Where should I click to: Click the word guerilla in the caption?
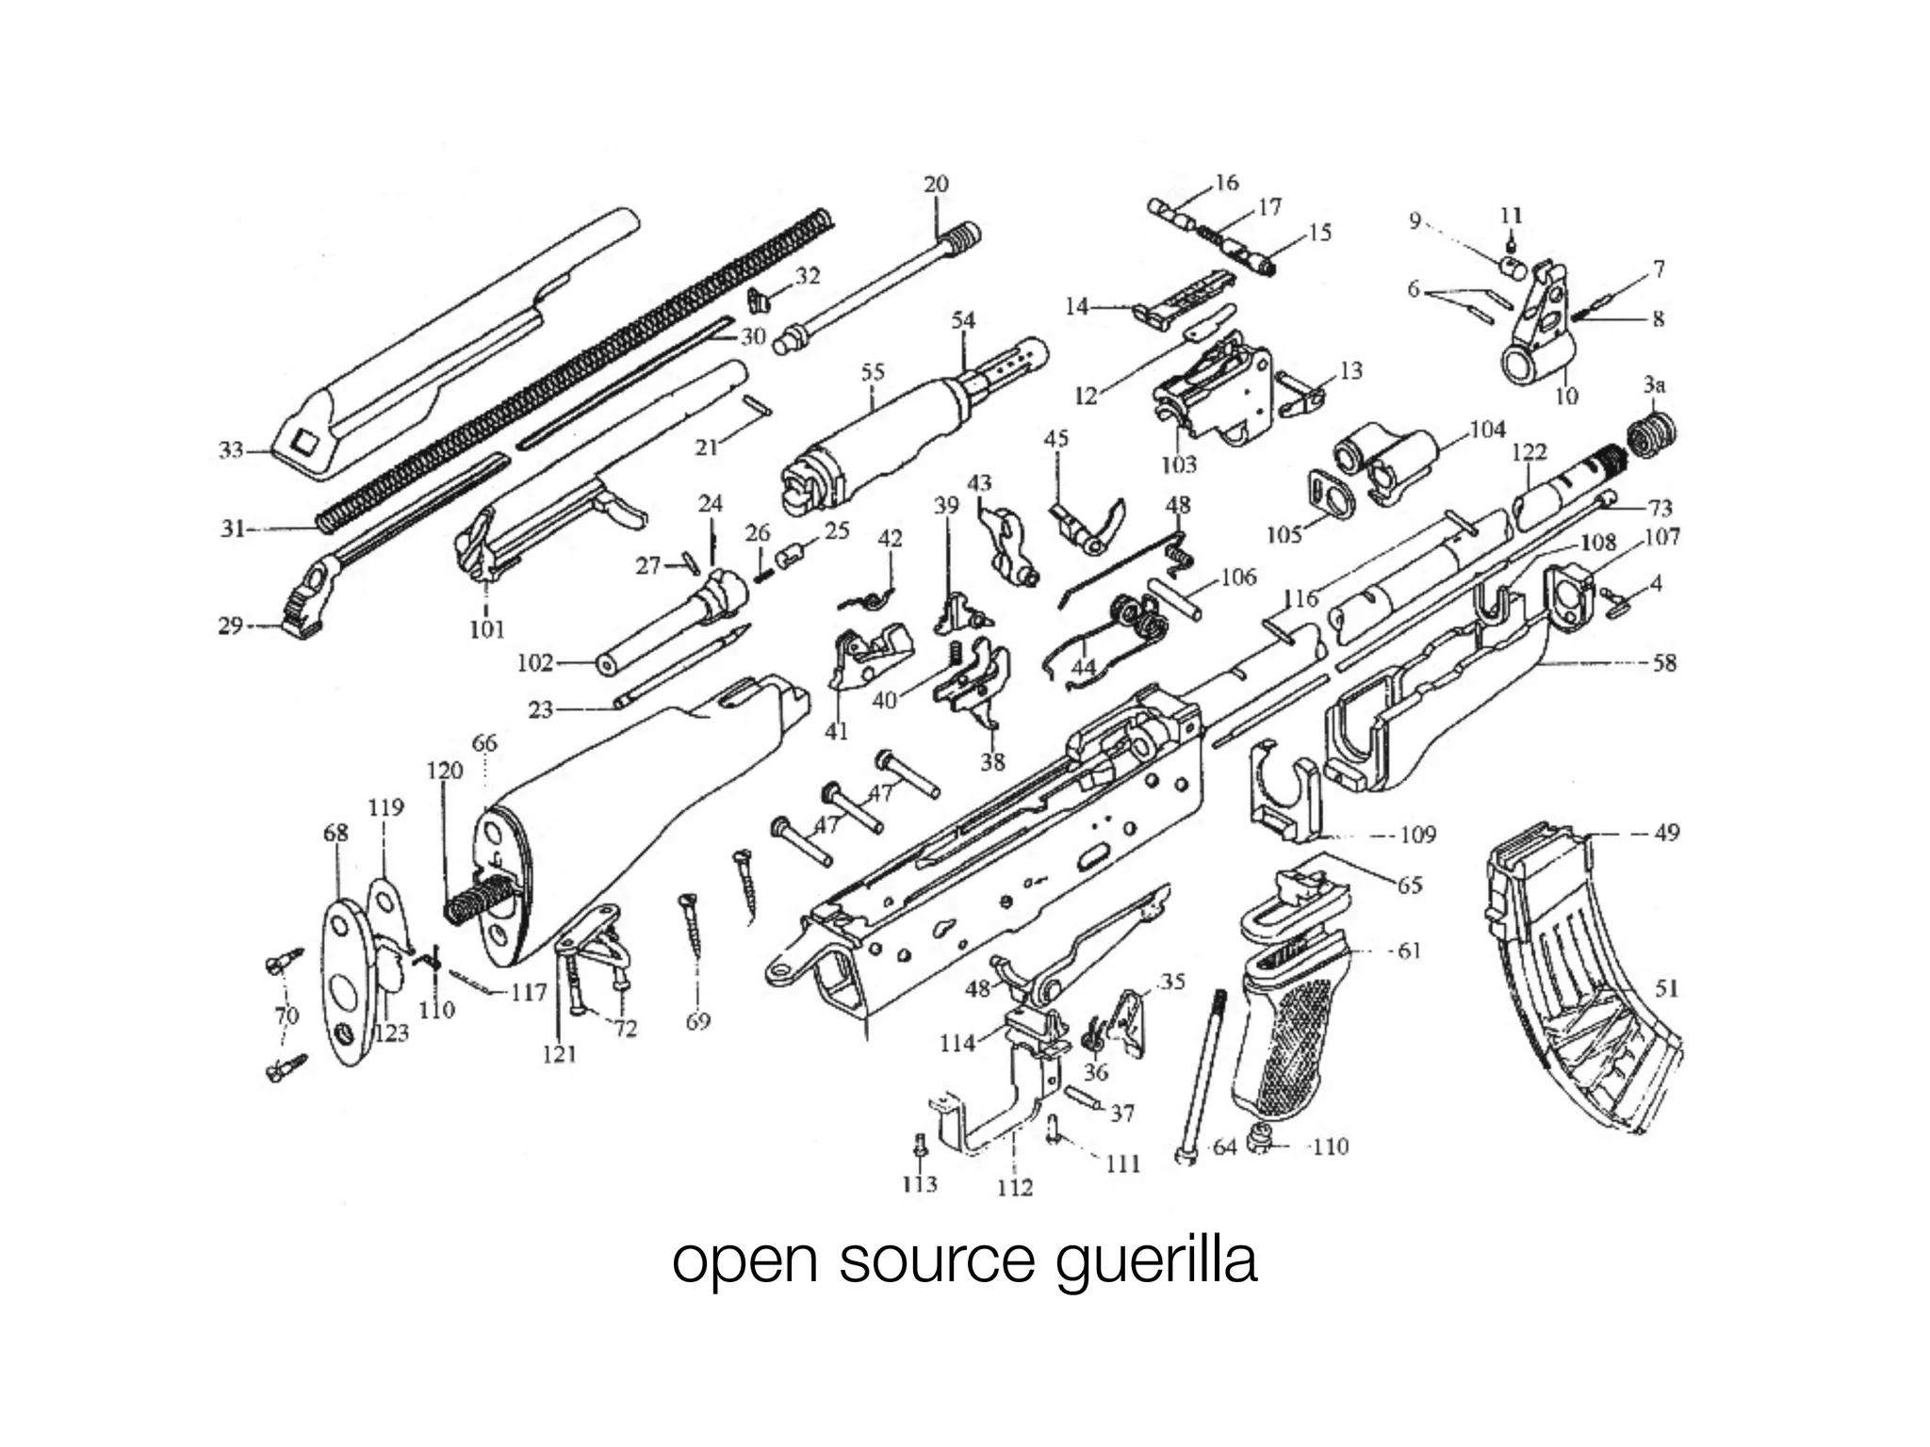pyautogui.click(x=1155, y=1262)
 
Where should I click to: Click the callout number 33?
pyautogui.click(x=231, y=450)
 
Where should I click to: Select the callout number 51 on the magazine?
pyautogui.click(x=1667, y=987)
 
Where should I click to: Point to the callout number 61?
pyautogui.click(x=1409, y=950)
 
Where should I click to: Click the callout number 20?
pyautogui.click(x=936, y=184)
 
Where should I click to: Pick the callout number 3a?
pyautogui.click(x=1655, y=384)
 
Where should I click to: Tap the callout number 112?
pyautogui.click(x=1015, y=1187)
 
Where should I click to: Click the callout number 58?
pyautogui.click(x=1665, y=662)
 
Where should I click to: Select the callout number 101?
pyautogui.click(x=487, y=628)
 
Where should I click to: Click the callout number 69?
pyautogui.click(x=697, y=1021)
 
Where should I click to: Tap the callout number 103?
pyautogui.click(x=1178, y=463)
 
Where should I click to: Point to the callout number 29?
pyautogui.click(x=231, y=626)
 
